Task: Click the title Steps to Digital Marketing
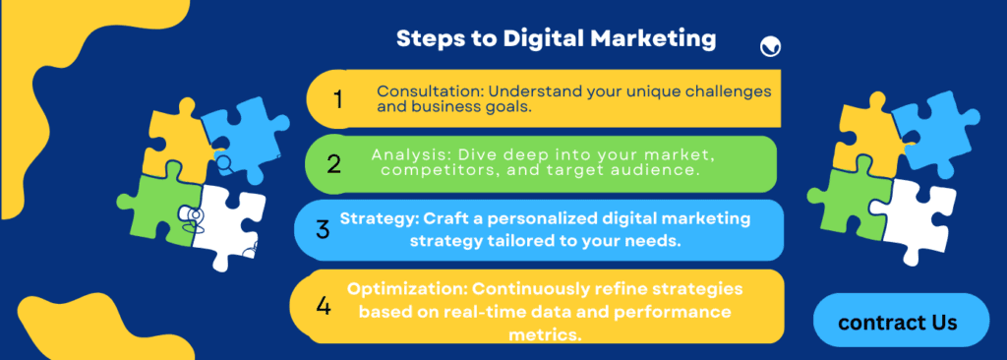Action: (556, 39)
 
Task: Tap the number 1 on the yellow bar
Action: (338, 99)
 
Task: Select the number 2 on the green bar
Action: (334, 163)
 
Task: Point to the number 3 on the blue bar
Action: (323, 230)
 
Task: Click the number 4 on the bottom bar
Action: (324, 306)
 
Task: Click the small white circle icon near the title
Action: (771, 45)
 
